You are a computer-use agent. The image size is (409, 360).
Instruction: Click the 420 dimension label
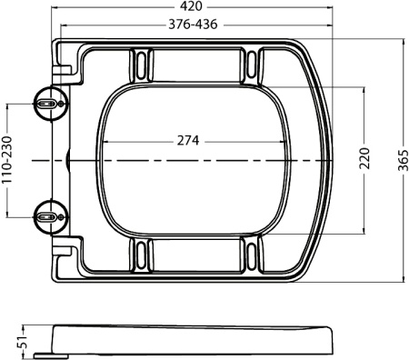[x=193, y=6]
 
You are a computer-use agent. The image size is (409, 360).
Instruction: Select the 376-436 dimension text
[x=193, y=25]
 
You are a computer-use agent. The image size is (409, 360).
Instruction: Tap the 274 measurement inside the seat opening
[x=188, y=141]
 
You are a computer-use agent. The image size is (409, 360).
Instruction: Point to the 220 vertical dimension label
[x=364, y=158]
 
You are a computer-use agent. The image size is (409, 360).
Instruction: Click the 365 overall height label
[x=404, y=160]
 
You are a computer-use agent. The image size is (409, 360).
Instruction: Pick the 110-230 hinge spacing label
[x=7, y=160]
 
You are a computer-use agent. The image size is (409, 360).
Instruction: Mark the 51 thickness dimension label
[x=21, y=342]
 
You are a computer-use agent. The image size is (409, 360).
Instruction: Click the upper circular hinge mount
[x=51, y=104]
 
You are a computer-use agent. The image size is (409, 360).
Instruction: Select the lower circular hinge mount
[x=51, y=217]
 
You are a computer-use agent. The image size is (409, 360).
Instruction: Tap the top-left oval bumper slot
[x=141, y=65]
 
